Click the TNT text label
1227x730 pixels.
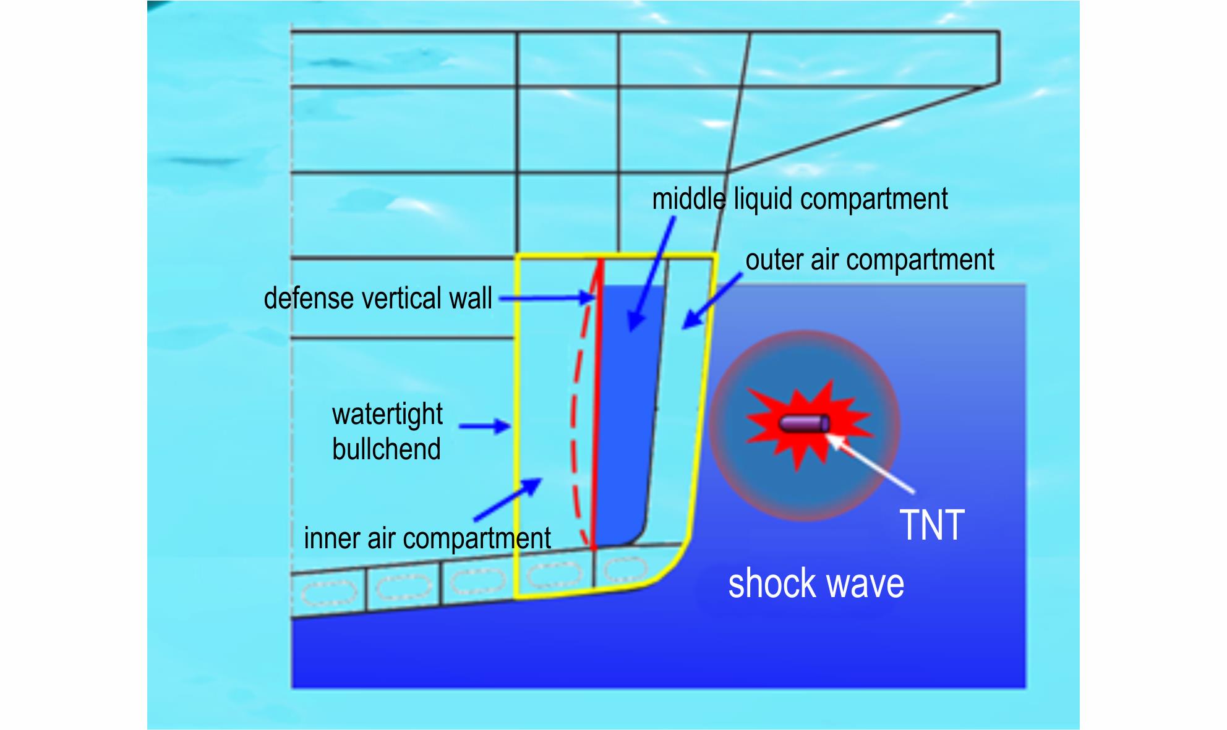[932, 525]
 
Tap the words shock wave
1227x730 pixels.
[816, 584]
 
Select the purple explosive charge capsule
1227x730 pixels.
[804, 423]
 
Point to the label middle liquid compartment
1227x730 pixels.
[800, 199]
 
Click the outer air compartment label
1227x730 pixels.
[870, 260]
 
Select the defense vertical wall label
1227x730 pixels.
[378, 298]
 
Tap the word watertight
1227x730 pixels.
[387, 414]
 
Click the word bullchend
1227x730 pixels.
[387, 448]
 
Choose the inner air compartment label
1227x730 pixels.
[427, 538]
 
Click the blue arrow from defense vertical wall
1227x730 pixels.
[547, 299]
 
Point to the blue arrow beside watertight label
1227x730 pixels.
[485, 426]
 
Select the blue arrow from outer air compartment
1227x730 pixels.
[712, 301]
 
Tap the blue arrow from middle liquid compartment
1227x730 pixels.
[652, 275]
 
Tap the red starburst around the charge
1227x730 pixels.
[808, 424]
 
